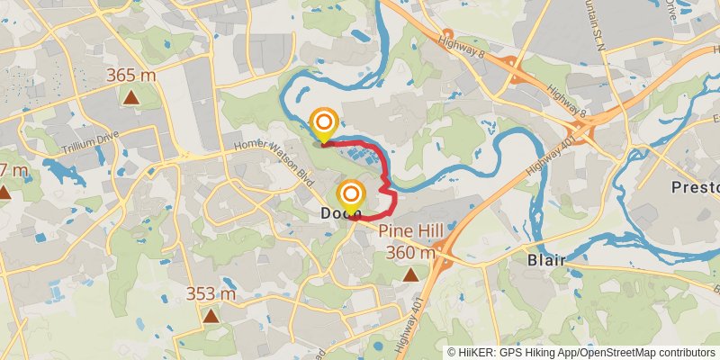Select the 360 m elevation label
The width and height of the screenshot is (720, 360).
pos(410,253)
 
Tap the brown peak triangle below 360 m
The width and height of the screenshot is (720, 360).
pos(411,274)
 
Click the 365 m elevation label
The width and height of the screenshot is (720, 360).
pos(131,76)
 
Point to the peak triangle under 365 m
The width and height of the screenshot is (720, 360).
pos(131,97)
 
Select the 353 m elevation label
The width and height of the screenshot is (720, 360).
pos(211,293)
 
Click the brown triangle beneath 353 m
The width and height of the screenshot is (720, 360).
pos(211,315)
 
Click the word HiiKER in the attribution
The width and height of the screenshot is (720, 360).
pos(474,353)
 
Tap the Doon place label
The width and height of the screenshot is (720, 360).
pos(341,214)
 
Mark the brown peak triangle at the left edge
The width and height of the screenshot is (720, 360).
pos(4,191)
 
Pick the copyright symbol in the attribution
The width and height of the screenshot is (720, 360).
pos(451,353)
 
